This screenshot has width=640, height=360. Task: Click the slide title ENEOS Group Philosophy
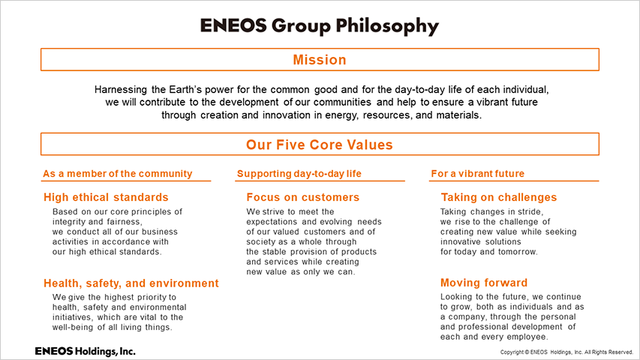(x=320, y=26)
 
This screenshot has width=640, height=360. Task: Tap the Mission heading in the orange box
(x=320, y=60)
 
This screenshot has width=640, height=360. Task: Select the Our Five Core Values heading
(x=320, y=145)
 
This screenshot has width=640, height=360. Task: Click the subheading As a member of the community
(x=118, y=174)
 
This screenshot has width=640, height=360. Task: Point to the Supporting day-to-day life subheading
(x=299, y=174)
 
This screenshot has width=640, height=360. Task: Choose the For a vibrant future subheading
(x=477, y=173)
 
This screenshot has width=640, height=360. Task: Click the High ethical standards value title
(x=106, y=197)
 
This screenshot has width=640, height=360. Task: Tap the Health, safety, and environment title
(x=131, y=283)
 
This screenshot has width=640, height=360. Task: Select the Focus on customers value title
(x=303, y=197)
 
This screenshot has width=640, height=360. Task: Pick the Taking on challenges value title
(x=499, y=197)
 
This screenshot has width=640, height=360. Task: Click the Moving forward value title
(x=484, y=283)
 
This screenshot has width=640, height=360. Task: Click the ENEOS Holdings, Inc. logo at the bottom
(x=85, y=351)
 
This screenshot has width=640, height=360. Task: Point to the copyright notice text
(x=566, y=352)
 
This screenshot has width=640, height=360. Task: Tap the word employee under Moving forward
(x=528, y=337)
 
